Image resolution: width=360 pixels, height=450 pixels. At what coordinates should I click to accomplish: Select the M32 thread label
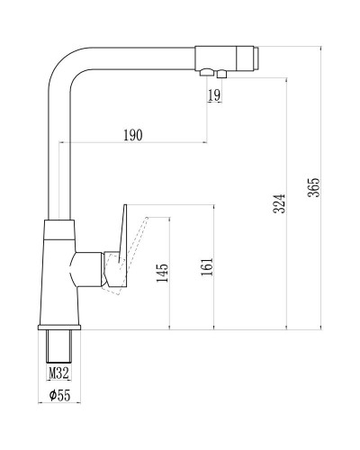point(58,374)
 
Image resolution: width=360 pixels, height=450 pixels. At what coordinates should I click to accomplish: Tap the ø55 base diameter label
point(59,395)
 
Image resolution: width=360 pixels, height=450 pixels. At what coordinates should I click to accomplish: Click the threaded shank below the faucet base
point(58,346)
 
